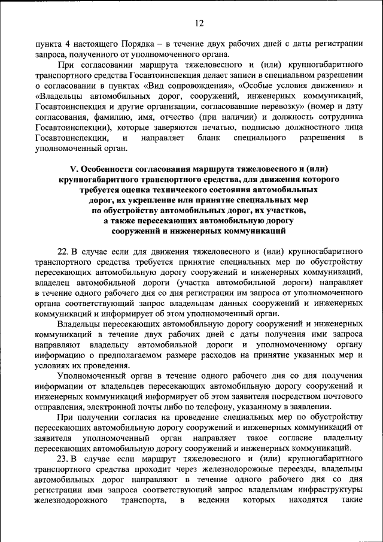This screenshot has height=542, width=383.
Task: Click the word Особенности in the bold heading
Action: (x=108, y=169)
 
